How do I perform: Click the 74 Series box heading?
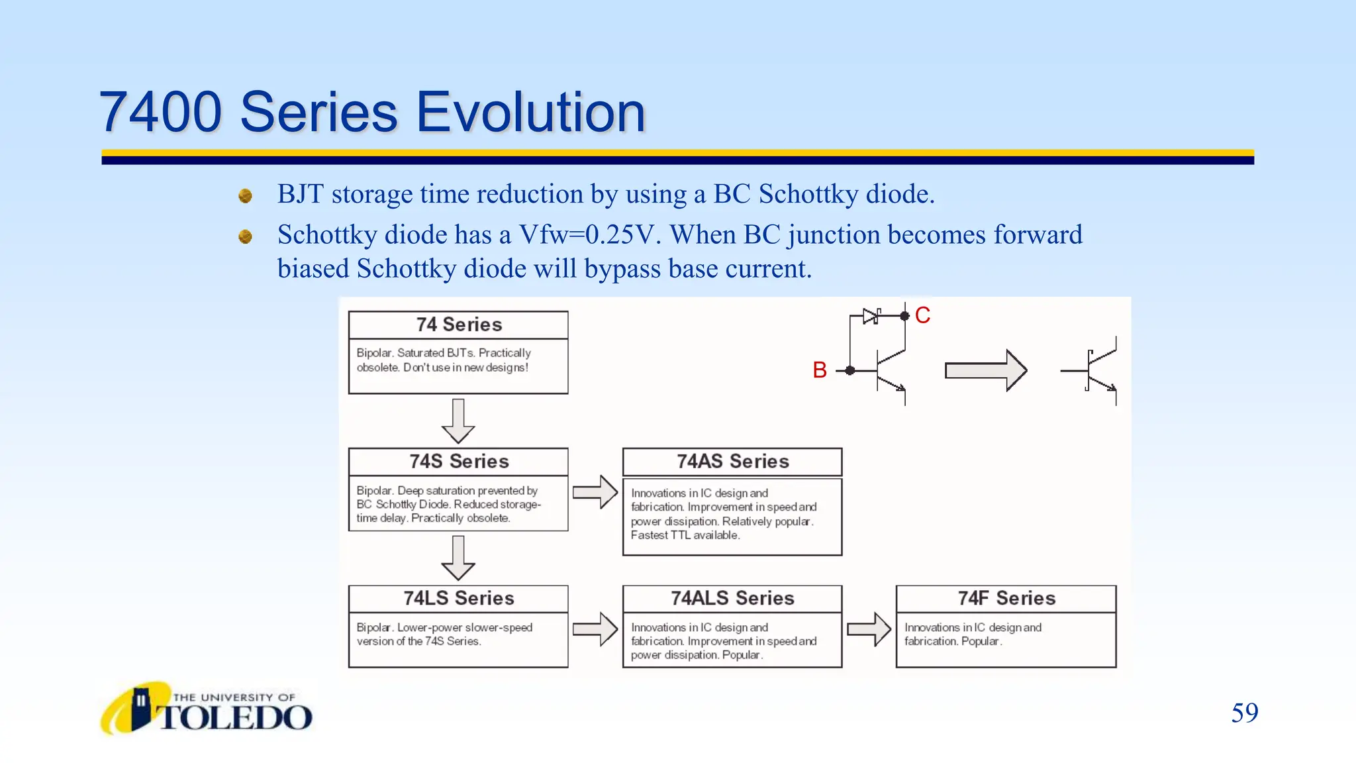(459, 325)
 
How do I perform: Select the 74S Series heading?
(459, 462)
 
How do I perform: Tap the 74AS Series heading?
(732, 462)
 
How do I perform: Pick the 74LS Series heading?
(459, 599)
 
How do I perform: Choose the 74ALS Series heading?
(732, 599)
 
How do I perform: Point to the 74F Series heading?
(1006, 599)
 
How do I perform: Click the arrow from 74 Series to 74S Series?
(458, 421)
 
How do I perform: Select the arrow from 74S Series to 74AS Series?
(595, 492)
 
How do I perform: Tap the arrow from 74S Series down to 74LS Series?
(458, 558)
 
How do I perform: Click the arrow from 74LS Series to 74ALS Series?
(595, 629)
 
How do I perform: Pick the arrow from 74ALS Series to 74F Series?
(869, 629)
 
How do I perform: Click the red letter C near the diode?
(922, 315)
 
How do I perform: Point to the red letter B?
(820, 370)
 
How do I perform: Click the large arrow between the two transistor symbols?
(986, 370)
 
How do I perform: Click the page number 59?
(1245, 713)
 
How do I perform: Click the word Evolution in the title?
(530, 112)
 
